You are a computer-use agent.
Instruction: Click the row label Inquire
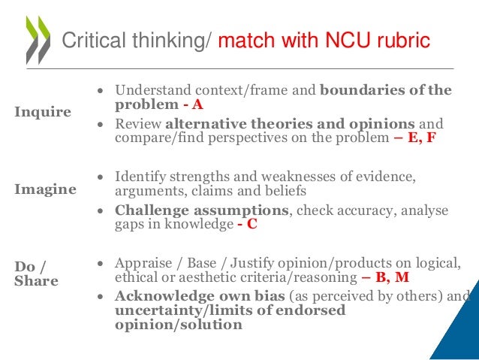43,112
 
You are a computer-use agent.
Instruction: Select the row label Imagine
45,189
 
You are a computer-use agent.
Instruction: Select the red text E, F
420,138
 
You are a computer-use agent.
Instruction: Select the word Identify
140,177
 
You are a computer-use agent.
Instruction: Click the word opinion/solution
179,325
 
